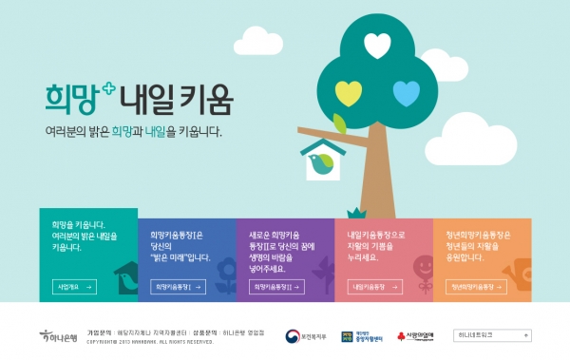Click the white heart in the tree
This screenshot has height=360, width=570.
point(377,44)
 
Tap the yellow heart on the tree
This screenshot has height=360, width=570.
point(348,92)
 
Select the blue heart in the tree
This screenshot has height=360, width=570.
point(407,92)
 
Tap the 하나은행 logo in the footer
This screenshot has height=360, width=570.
point(58,336)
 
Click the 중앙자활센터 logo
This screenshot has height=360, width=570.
point(363,336)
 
